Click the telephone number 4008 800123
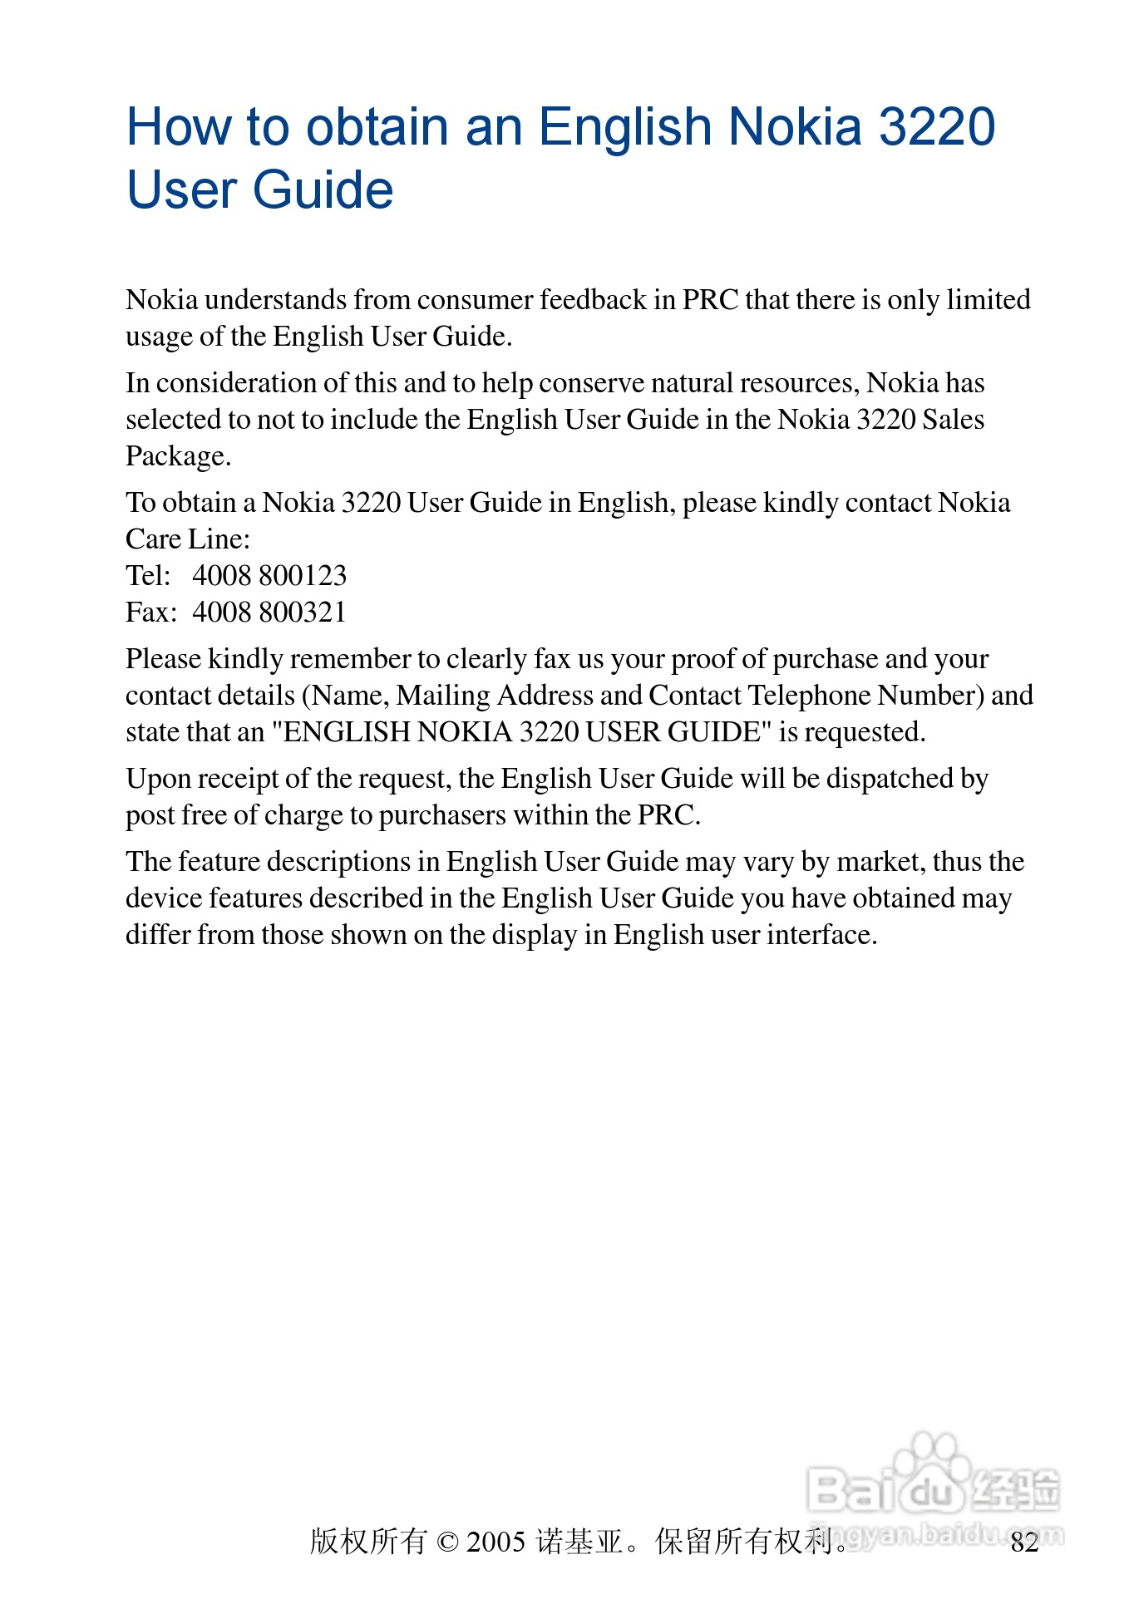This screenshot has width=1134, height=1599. point(269,575)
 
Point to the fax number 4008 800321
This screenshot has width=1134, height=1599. point(269,612)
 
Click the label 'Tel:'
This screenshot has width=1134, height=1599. point(148,575)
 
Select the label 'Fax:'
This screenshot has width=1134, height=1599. point(151,612)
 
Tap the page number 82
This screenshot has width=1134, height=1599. point(1024,1542)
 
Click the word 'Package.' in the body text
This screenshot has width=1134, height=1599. point(178,456)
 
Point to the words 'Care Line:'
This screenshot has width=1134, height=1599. point(188,539)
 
